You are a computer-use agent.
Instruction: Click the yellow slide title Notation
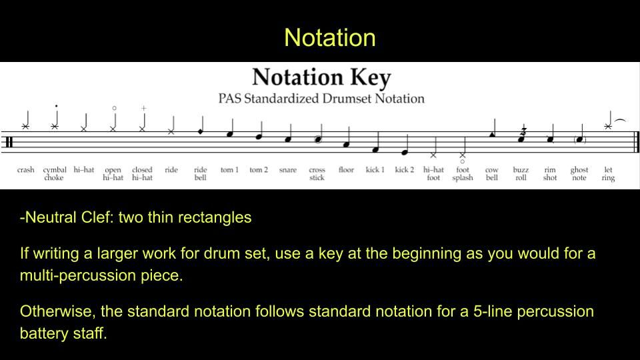[x=330, y=37]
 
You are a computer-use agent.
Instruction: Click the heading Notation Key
[x=321, y=77]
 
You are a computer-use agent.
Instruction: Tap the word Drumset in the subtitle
[x=347, y=99]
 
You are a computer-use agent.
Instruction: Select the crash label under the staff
[x=26, y=170]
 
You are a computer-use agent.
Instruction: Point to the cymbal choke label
[x=55, y=173]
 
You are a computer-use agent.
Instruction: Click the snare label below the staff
[x=288, y=170]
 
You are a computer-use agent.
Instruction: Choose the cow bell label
[x=492, y=173]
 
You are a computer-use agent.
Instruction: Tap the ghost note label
[x=579, y=173]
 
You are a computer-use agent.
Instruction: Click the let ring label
[x=608, y=173]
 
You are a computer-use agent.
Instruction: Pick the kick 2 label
[x=405, y=169]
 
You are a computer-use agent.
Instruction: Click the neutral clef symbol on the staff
[x=9, y=142]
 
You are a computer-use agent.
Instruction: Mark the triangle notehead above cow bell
[x=492, y=134]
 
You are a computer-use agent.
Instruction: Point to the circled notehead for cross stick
[x=318, y=139]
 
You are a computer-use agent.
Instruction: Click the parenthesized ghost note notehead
[x=579, y=139]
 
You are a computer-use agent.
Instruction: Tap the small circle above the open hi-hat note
[x=114, y=108]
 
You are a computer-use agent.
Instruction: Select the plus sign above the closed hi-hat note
[x=144, y=108]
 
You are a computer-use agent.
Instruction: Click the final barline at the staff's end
[x=636, y=142]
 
